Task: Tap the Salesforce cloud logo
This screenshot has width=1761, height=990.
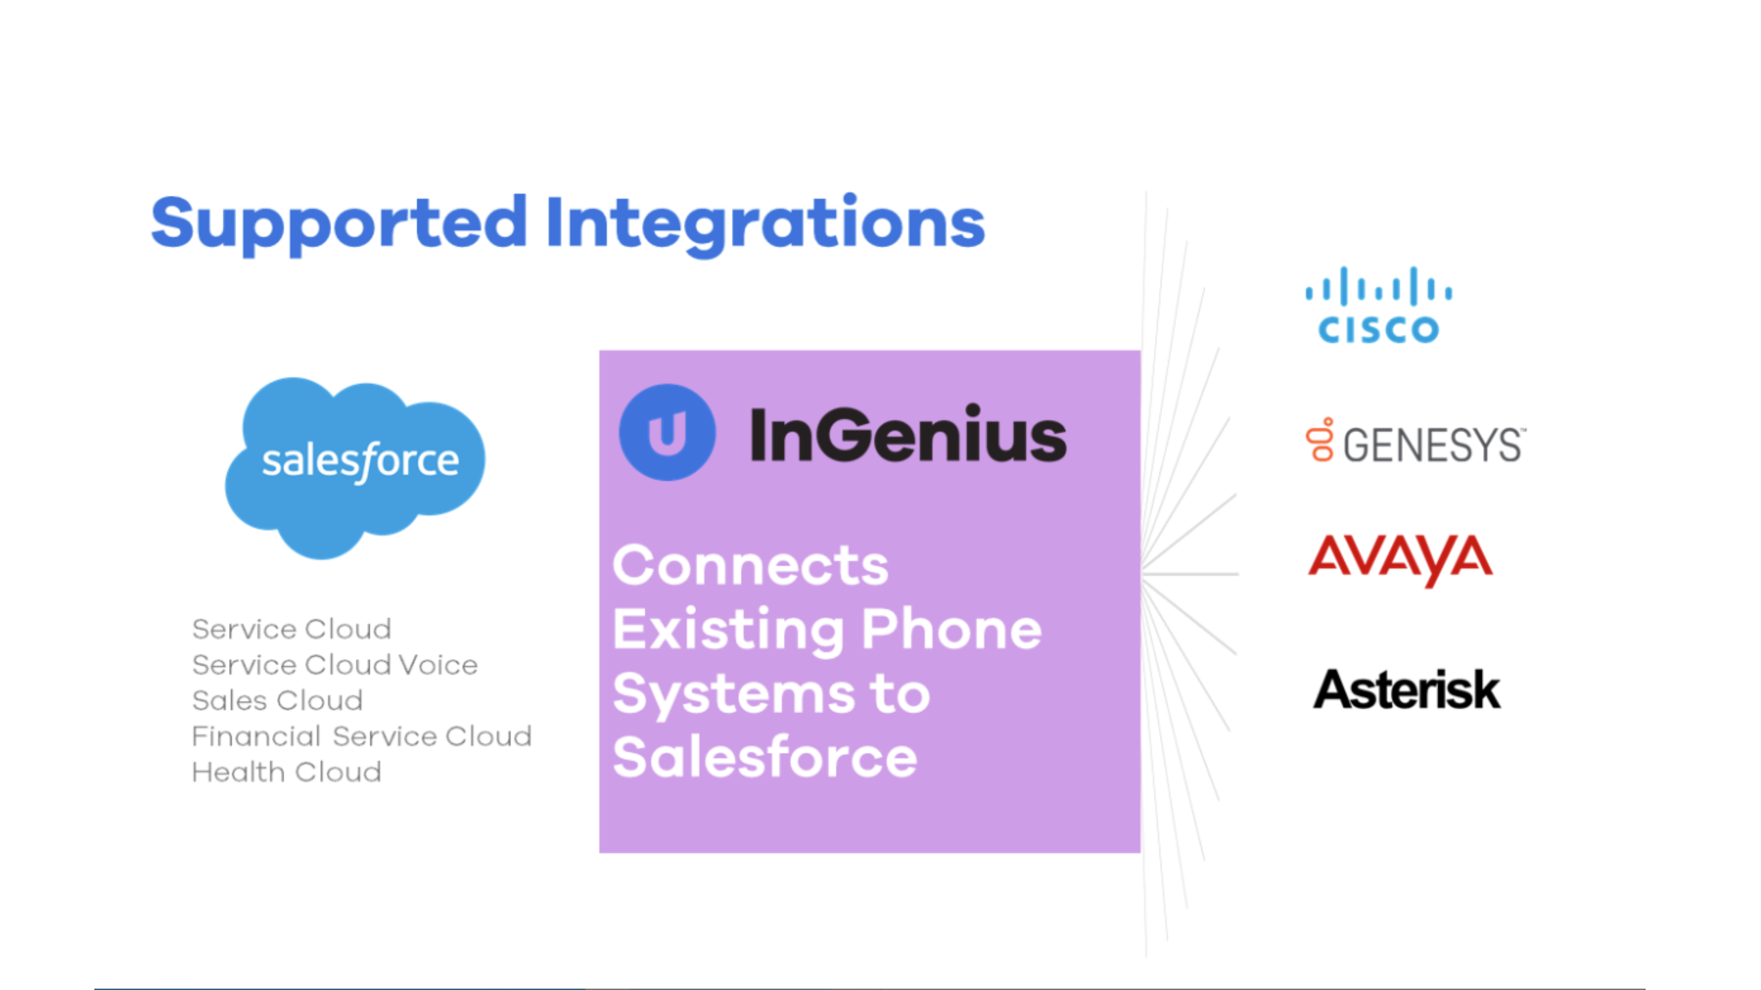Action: pos(355,465)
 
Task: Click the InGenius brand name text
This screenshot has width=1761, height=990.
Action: pos(908,435)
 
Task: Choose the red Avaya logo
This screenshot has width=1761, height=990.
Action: pos(1400,559)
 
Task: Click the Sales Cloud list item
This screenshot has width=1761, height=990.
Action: pos(277,700)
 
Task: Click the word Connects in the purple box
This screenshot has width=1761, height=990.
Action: pos(751,566)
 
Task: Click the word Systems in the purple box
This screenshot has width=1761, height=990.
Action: pos(733,693)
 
